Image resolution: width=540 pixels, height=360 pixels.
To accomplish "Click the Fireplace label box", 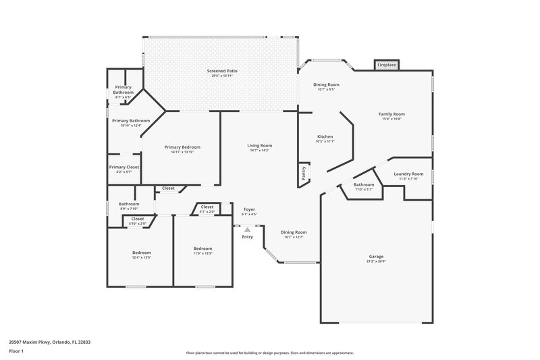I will tap(386, 65).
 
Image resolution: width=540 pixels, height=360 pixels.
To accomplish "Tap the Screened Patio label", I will tap(221, 71).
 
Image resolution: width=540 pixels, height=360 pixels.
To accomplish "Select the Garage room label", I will tap(376, 257).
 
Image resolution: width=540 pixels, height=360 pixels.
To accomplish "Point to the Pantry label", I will tap(304, 174).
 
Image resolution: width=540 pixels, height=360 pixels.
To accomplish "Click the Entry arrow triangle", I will tap(247, 230).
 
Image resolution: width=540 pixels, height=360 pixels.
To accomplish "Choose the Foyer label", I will tap(249, 209).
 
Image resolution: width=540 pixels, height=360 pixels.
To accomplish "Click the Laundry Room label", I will tap(409, 174).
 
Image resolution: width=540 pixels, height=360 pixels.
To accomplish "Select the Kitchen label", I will tap(325, 136).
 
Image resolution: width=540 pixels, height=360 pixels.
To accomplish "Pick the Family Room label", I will tap(391, 114).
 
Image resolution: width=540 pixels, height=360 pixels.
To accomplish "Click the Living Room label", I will tap(259, 145).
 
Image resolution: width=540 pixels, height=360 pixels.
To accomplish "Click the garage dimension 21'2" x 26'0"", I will tap(376, 261).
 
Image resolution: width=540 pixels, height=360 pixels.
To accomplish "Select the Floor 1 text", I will tap(17, 352).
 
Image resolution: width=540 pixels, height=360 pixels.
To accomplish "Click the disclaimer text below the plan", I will tap(269, 353).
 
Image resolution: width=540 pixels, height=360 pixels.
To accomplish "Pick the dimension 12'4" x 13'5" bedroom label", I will tap(141, 257).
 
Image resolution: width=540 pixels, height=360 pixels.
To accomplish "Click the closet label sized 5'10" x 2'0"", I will tap(137, 224).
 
